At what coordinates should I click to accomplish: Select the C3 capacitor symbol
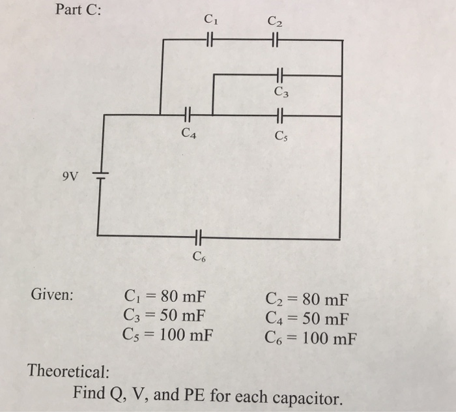pyautogui.click(x=281, y=76)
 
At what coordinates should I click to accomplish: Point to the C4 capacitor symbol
pyautogui.click(x=187, y=115)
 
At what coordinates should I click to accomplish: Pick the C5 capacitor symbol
pyautogui.click(x=280, y=115)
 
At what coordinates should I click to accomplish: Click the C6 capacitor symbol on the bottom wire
pyautogui.click(x=199, y=236)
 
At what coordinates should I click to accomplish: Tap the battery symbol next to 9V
pyautogui.click(x=99, y=175)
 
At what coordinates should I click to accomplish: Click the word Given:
pyautogui.click(x=53, y=295)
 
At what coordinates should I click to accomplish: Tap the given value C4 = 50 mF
pyautogui.click(x=307, y=319)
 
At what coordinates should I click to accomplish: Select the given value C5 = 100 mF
pyautogui.click(x=168, y=336)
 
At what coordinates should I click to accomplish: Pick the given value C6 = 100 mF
pyautogui.click(x=311, y=337)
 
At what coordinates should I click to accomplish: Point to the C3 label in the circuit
pyautogui.click(x=281, y=92)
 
